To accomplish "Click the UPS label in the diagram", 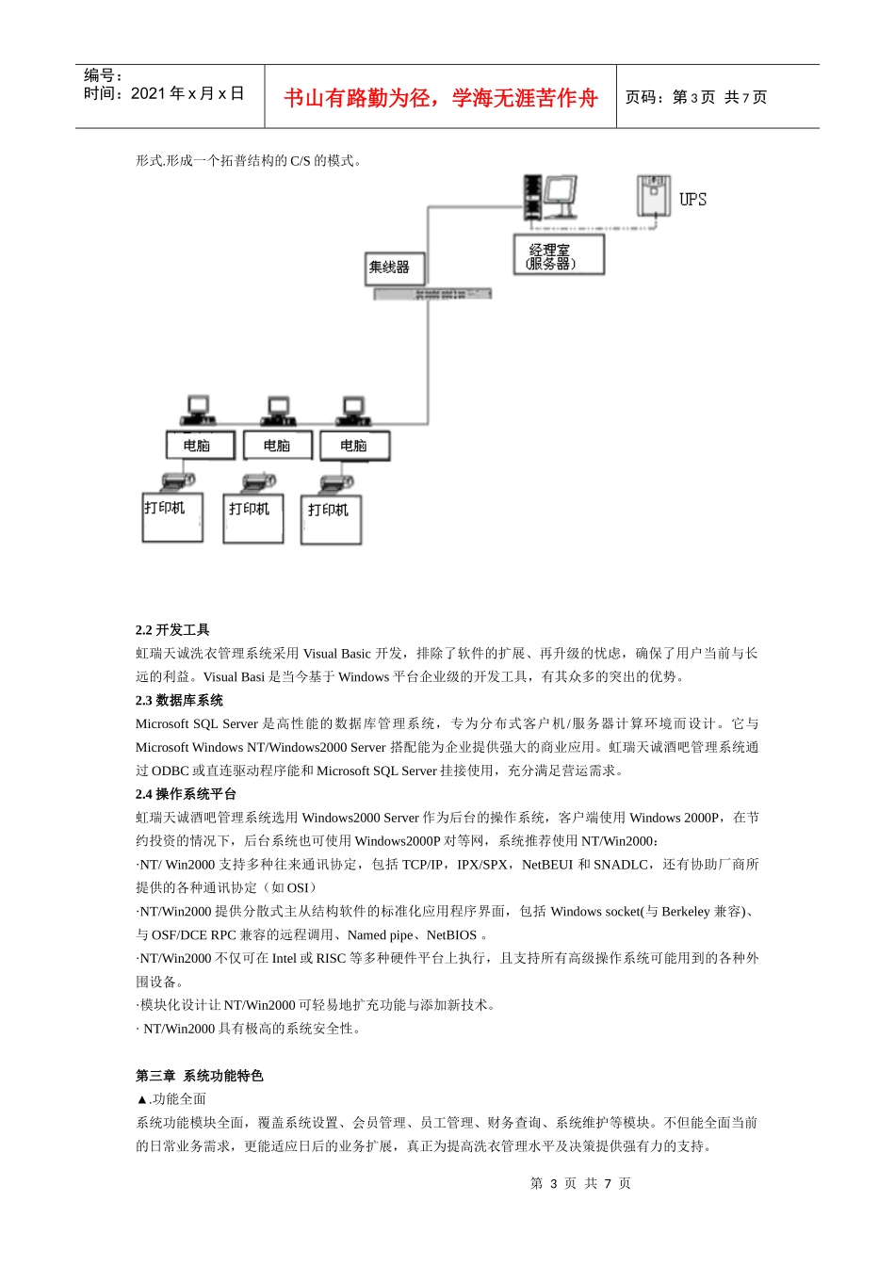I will (692, 200).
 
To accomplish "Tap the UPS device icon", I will (653, 196).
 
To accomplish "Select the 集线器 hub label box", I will (395, 268).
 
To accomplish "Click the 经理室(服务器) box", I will (559, 255).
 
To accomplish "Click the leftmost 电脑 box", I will (200, 446).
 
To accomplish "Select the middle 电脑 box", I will (277, 446).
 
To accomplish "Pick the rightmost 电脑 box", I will (354, 446).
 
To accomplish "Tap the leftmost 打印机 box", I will (172, 517).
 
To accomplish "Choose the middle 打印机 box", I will (252, 518).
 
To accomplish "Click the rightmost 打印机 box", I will (331, 519).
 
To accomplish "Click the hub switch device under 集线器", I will (432, 294).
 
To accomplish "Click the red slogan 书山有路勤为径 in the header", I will (441, 98).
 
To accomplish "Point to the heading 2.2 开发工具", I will (172, 630).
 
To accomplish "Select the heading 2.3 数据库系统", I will (179, 701).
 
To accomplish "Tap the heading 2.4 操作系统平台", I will (186, 794).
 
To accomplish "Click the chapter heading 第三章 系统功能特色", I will (199, 1076).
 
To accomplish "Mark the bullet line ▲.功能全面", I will (171, 1099).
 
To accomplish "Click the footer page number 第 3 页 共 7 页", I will (580, 1183).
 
